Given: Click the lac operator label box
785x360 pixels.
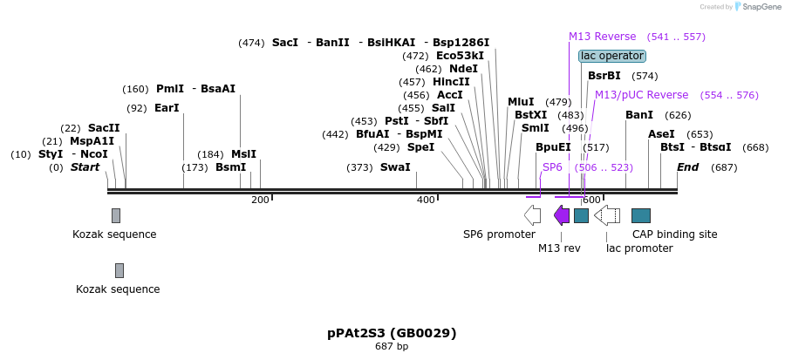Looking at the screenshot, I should [612, 56].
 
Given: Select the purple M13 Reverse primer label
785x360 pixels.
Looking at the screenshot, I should [602, 37].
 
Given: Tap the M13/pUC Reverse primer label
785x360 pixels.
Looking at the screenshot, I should [641, 95].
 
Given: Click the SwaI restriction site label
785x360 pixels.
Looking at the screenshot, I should [395, 167].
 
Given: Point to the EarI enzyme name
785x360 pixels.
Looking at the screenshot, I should [166, 108].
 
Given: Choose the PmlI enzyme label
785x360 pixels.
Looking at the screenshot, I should [170, 88].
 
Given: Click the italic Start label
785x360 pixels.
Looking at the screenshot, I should [85, 167].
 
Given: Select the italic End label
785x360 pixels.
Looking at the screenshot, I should [687, 167].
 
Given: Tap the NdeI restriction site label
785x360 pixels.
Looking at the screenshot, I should [463, 69].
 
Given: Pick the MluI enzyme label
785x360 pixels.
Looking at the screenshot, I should [521, 102].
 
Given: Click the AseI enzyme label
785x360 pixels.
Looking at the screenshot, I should [661, 134].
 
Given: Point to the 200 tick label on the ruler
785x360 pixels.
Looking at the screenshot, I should [260, 200].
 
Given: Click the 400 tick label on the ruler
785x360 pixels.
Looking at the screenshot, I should [426, 200].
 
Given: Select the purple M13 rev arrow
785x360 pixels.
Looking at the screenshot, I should [562, 215].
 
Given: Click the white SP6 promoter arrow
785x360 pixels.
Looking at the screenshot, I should [532, 215].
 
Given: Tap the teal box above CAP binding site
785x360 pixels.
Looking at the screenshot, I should [641, 215].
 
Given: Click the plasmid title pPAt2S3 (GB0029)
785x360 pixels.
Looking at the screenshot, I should [392, 333].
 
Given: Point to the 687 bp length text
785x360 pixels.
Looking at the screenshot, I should [392, 347].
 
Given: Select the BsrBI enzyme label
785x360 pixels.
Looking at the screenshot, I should [604, 76].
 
